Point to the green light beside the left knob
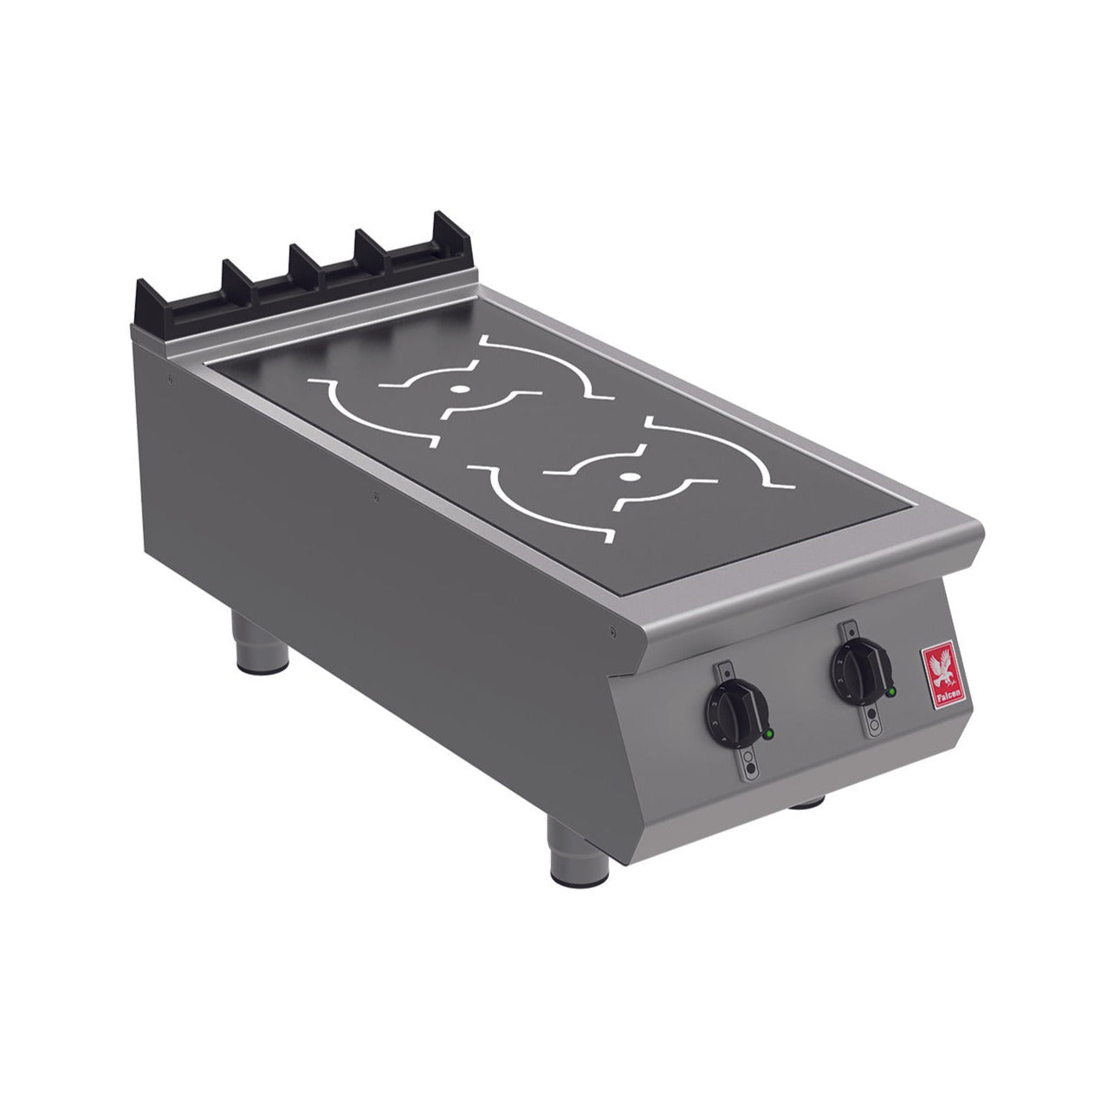pyautogui.click(x=767, y=735)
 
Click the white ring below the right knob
pyautogui.click(x=875, y=723)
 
